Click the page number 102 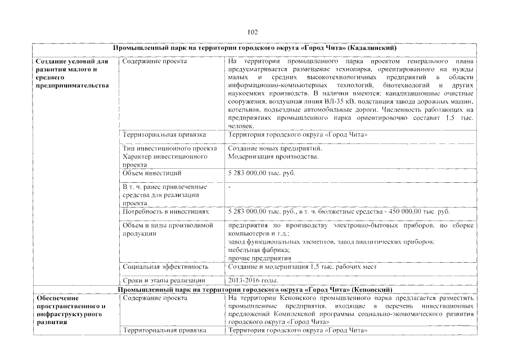point(253,32)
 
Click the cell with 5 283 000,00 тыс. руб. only point(262,173)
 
